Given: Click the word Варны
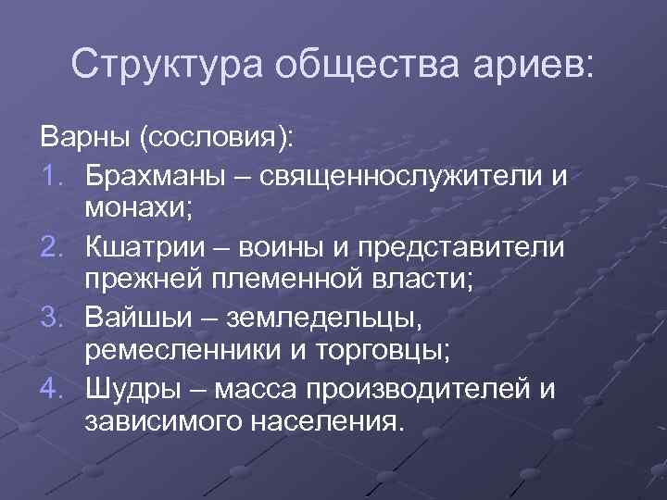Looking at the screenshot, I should coord(84,139).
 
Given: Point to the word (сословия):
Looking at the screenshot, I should coord(215,139).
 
